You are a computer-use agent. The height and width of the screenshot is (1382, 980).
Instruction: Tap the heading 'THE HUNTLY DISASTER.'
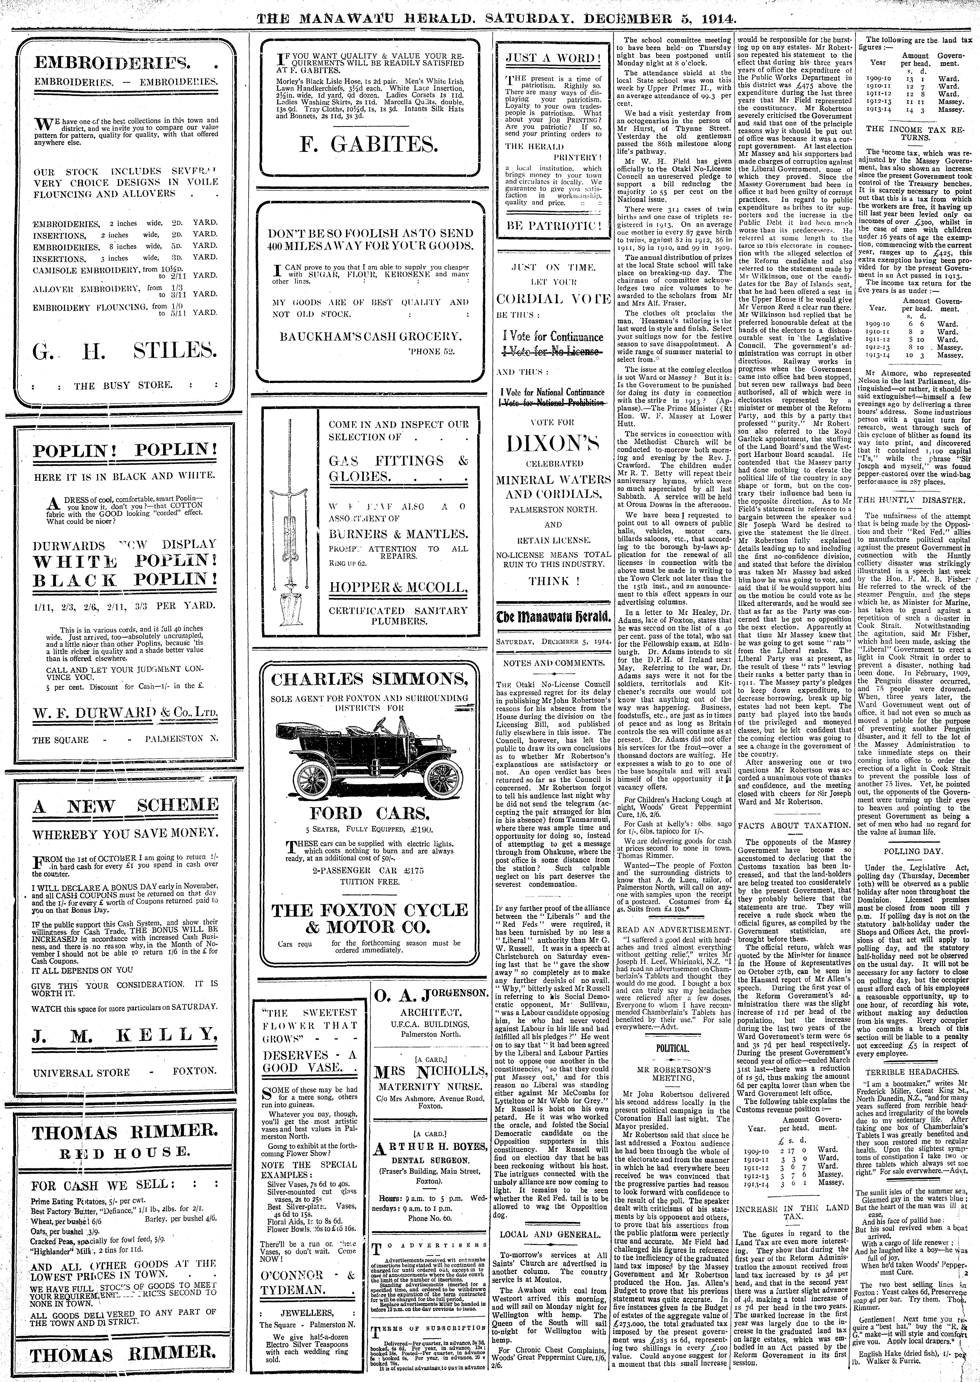coord(914,500)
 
